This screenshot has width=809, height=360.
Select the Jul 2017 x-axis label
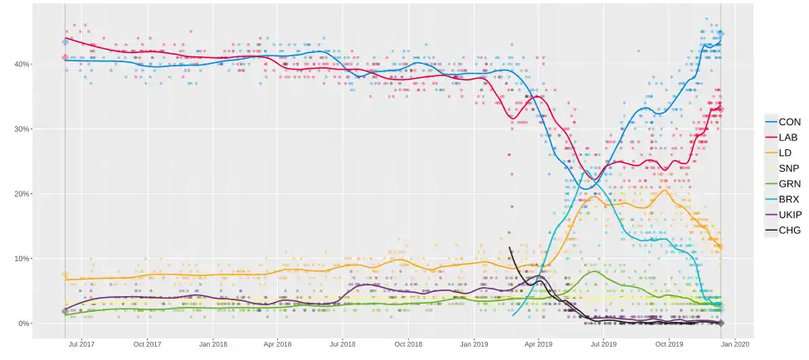coord(81,343)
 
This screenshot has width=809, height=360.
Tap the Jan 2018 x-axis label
coord(213,343)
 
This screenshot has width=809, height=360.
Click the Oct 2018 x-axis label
coord(408,343)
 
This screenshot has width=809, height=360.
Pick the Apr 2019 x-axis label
coord(539,343)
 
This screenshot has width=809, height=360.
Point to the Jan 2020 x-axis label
coord(735,343)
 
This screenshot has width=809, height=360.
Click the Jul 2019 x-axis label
coord(603,343)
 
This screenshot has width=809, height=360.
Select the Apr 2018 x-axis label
coord(277,343)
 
